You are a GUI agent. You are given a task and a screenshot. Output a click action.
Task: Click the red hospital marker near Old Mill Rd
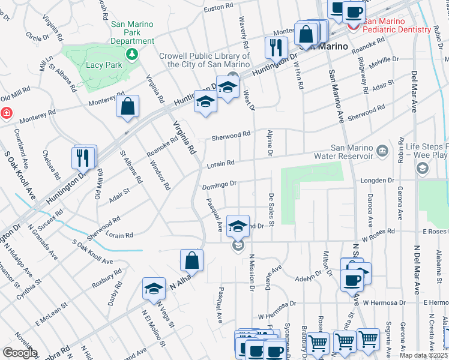tap(5, 112)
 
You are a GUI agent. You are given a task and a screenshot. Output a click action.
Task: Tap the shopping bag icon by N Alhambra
tap(191, 260)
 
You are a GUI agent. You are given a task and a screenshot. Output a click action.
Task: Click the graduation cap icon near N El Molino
tap(154, 289)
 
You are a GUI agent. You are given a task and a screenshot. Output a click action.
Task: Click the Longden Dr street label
tap(376, 179)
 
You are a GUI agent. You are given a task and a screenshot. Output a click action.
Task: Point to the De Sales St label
tap(271, 209)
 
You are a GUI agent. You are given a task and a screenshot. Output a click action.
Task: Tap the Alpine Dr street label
tap(271, 144)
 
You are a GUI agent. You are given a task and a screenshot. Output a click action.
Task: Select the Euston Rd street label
tap(218, 9)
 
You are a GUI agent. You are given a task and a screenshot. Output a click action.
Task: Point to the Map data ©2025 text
tap(424, 355)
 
